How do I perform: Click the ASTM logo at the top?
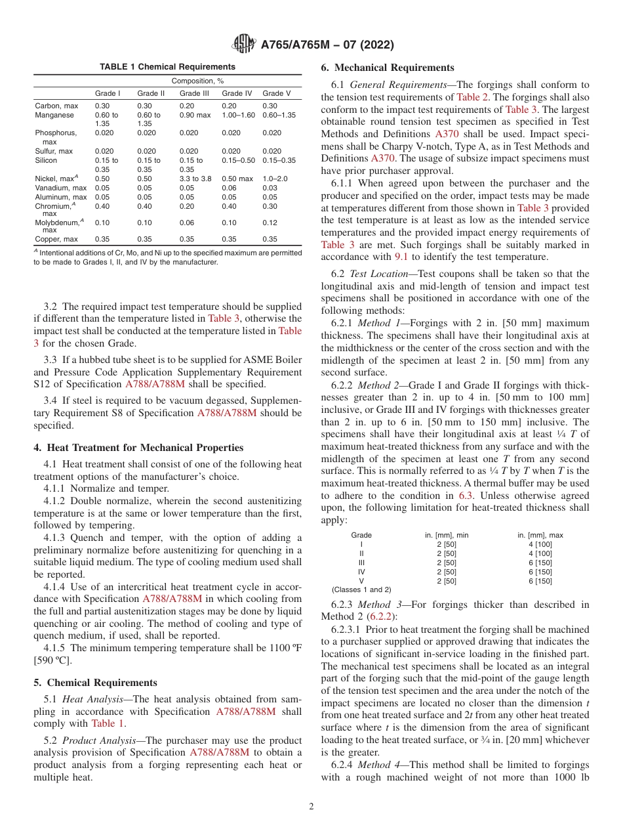(244, 45)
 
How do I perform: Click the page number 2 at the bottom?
(311, 806)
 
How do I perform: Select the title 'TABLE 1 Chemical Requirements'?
(167, 67)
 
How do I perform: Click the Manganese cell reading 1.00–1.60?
(238, 115)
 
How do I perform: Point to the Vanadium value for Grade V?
(270, 188)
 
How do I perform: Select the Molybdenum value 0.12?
(270, 223)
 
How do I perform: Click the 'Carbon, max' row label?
(56, 106)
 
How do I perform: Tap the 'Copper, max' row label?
(56, 239)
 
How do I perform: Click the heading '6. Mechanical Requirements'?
(387, 68)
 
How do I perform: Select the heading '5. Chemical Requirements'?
(95, 683)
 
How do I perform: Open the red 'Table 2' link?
(471, 97)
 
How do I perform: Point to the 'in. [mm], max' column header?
(540, 535)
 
